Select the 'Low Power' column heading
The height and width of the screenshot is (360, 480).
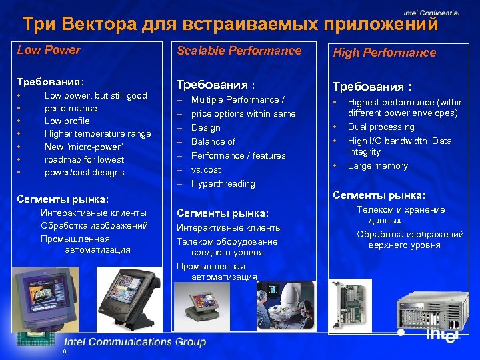(49, 50)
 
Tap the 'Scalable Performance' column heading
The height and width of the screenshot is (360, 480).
(239, 51)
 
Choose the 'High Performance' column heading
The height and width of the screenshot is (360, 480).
(384, 53)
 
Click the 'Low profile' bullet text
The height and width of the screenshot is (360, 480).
(67, 121)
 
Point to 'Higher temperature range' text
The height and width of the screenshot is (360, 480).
(97, 133)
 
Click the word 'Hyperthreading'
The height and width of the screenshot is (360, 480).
(223, 183)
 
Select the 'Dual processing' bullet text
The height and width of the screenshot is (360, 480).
(381, 127)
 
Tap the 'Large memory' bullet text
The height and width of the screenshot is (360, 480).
(377, 165)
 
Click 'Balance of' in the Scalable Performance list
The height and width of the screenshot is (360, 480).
(213, 141)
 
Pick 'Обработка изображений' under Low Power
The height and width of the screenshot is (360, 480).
(94, 225)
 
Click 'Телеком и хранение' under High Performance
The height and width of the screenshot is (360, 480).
(401, 209)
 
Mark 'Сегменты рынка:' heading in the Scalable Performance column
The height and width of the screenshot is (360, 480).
(222, 213)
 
